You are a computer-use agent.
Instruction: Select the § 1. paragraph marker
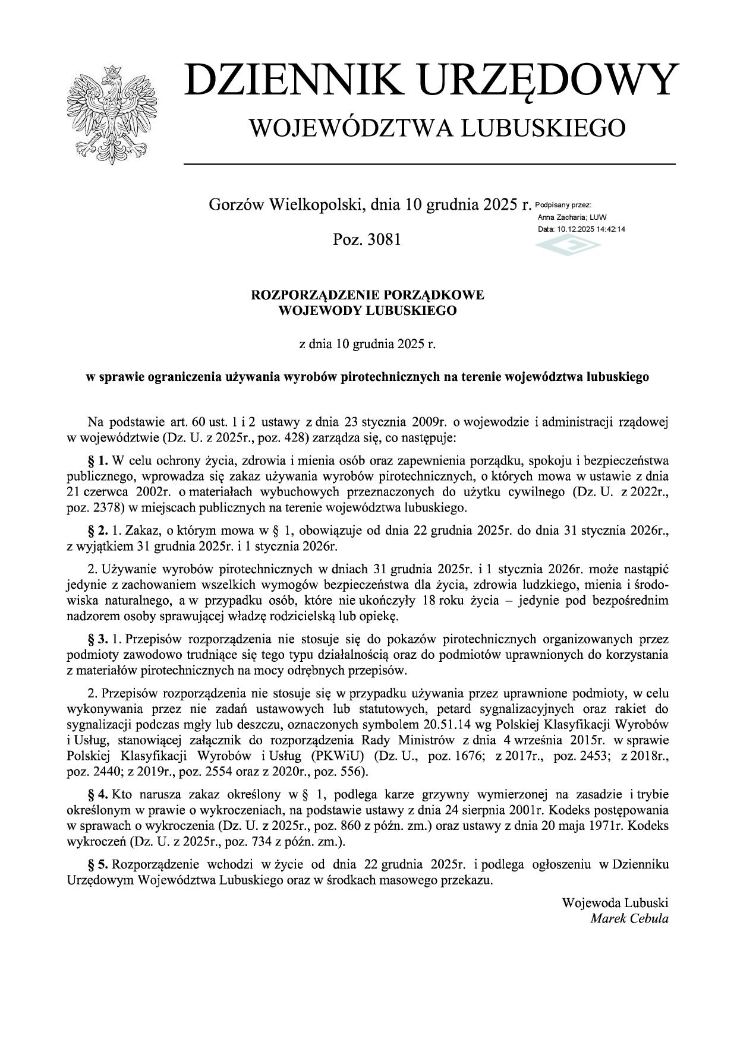[x=98, y=460]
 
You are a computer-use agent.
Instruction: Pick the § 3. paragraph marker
[x=98, y=639]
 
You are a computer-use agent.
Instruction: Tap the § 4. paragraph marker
[x=98, y=794]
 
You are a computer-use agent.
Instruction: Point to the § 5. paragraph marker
[x=98, y=864]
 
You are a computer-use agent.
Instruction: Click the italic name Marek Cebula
[x=629, y=918]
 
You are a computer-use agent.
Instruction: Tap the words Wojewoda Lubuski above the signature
[x=615, y=902]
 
